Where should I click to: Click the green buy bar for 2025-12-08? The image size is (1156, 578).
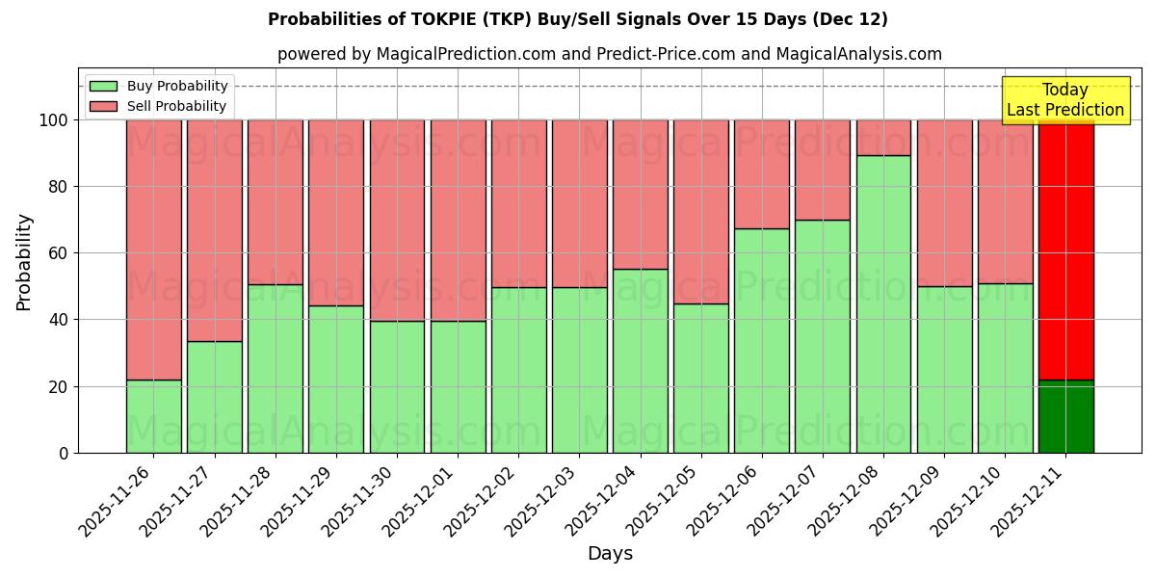click(883, 303)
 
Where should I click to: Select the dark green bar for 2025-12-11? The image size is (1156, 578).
click(1065, 416)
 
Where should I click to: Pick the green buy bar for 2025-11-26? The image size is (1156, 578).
click(153, 416)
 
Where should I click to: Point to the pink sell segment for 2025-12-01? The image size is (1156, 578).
click(458, 221)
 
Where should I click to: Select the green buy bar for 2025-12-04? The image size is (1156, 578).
click(640, 360)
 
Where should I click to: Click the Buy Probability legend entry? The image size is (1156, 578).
click(177, 86)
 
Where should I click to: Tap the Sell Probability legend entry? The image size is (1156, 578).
click(176, 106)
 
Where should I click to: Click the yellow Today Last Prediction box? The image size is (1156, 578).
click(1064, 100)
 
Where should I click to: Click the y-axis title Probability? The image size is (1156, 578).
click(24, 262)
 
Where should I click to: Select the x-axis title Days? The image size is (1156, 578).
click(610, 554)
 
